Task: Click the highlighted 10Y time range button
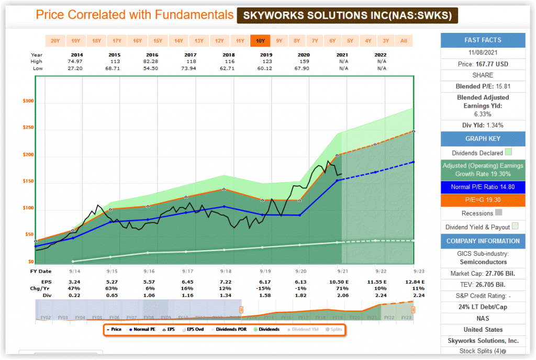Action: click(x=260, y=41)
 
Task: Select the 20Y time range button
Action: click(x=55, y=41)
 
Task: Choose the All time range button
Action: click(x=404, y=41)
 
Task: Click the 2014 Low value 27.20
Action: click(x=75, y=68)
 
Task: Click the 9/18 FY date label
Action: click(x=226, y=271)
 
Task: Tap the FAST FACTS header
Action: click(x=483, y=40)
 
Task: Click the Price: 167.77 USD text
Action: click(x=483, y=64)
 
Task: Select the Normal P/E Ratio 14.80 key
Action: click(x=483, y=187)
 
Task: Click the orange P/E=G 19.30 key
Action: click(x=483, y=200)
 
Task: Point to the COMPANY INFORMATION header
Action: click(x=483, y=241)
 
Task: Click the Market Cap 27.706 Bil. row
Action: click(x=483, y=274)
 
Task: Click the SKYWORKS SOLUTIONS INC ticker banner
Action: click(x=348, y=15)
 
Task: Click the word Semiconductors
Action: click(x=483, y=262)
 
